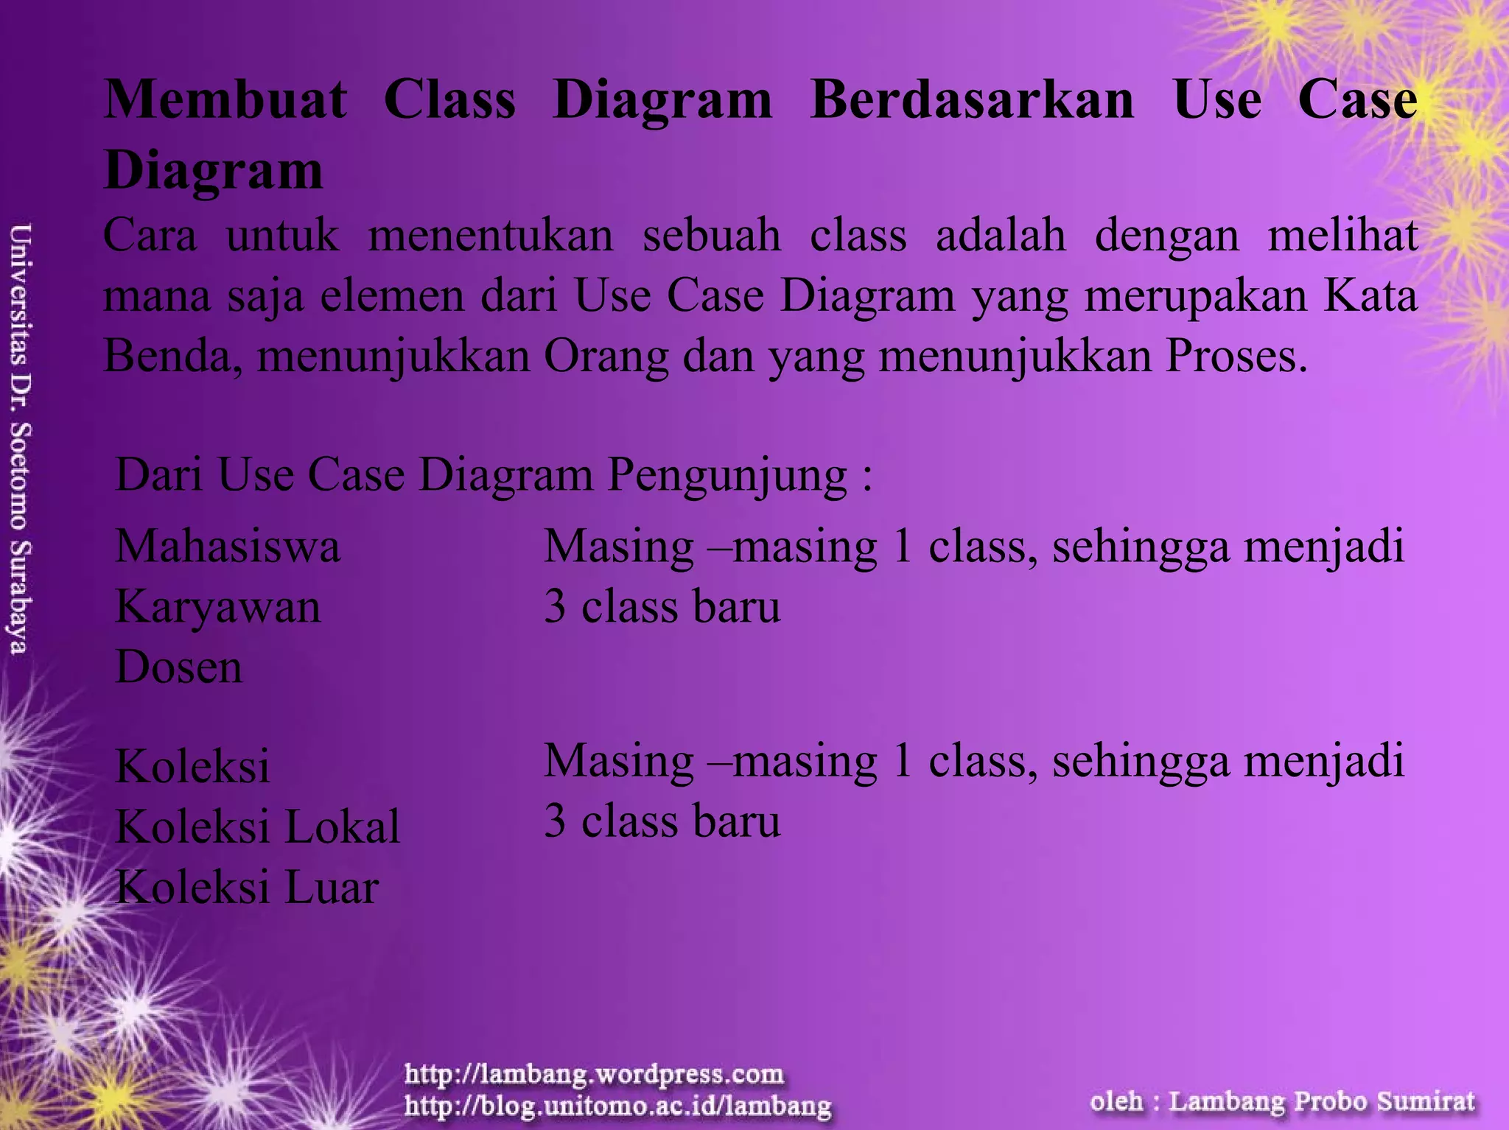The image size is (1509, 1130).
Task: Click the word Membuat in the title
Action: (225, 100)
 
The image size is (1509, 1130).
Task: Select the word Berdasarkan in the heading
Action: (972, 100)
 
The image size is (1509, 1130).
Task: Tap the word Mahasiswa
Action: (228, 547)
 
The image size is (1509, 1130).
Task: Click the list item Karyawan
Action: (218, 608)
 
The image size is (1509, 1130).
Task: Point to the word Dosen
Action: (179, 667)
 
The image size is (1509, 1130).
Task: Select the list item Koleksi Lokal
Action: (258, 827)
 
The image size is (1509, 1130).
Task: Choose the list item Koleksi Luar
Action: (247, 887)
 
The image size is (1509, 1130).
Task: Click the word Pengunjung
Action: (727, 476)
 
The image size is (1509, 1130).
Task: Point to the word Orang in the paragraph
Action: (606, 357)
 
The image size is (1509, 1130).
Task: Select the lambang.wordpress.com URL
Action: (594, 1074)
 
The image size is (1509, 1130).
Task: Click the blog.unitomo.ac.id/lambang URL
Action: (617, 1105)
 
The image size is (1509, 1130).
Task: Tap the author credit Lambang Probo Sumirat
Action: (1322, 1101)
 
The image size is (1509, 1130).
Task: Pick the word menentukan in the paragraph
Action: (491, 236)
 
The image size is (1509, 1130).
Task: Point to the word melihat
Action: (1342, 236)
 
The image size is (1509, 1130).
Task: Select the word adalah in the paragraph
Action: (1001, 236)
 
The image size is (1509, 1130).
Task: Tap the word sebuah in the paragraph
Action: (712, 236)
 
